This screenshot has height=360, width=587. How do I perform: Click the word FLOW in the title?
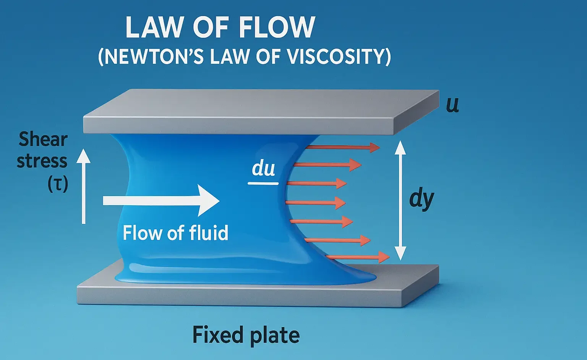click(276, 27)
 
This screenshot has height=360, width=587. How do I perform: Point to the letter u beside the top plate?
click(452, 105)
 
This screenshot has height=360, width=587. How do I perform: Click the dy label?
click(422, 199)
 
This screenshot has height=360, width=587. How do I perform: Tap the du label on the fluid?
click(263, 168)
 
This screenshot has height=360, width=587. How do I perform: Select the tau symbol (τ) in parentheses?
click(58, 184)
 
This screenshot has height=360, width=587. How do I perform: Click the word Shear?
click(43, 139)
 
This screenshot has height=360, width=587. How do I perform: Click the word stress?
click(42, 161)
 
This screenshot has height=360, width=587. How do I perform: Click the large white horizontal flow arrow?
click(161, 200)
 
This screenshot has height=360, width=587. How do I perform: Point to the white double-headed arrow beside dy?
click(400, 200)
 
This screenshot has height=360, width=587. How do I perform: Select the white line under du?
click(263, 183)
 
